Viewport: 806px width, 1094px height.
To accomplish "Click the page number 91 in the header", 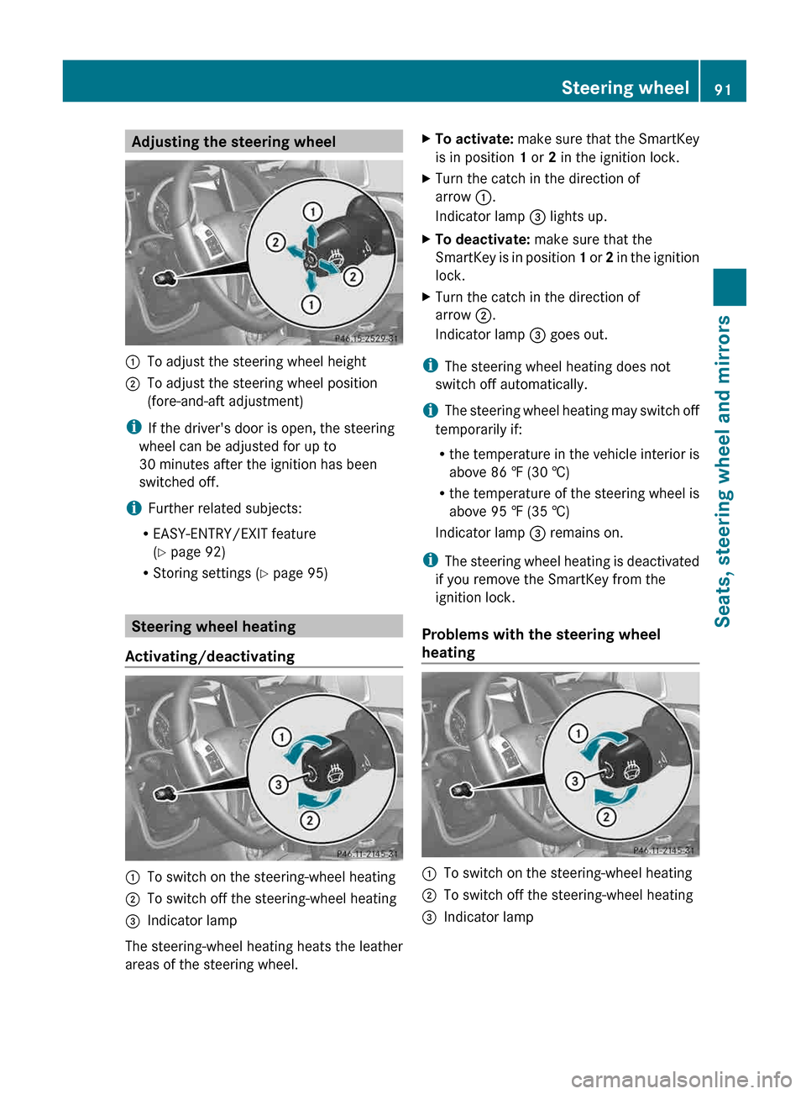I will pos(723,89).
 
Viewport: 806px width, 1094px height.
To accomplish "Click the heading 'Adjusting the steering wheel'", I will pos(233,142).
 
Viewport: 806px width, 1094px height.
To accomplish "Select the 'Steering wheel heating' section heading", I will pos(213,627).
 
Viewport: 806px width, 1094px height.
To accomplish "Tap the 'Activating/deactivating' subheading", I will pos(210,656).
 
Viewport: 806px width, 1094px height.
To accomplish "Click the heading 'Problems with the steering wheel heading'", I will pos(541,643).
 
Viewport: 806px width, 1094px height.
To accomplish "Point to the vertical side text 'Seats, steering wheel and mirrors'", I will pos(723,471).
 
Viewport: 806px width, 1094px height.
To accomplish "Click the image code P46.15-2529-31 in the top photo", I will pos(366,339).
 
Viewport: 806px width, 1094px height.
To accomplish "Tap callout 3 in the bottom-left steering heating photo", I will pos(278,785).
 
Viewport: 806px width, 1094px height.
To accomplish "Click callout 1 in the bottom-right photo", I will pos(578,734).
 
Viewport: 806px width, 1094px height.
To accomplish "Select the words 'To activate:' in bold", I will pos(474,139).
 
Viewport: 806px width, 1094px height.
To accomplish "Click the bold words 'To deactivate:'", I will pos(482,239).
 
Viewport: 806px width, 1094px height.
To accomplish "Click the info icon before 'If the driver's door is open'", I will pos(133,428).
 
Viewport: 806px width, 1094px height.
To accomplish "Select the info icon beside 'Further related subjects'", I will pos(134,508).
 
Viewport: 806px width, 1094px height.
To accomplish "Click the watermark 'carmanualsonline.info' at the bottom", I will pos(681,1079).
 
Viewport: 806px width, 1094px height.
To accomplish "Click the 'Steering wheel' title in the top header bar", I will pos(625,88).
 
